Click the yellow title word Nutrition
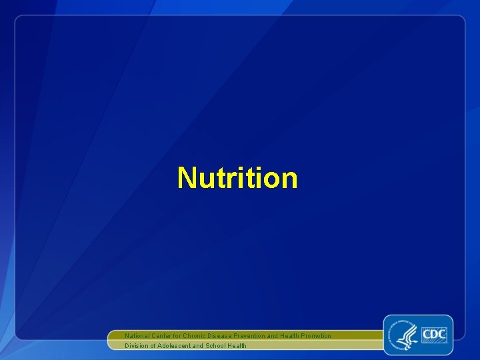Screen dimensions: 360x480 tap(237, 178)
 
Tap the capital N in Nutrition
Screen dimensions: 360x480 tap(186, 178)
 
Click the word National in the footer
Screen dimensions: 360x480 tap(138, 336)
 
